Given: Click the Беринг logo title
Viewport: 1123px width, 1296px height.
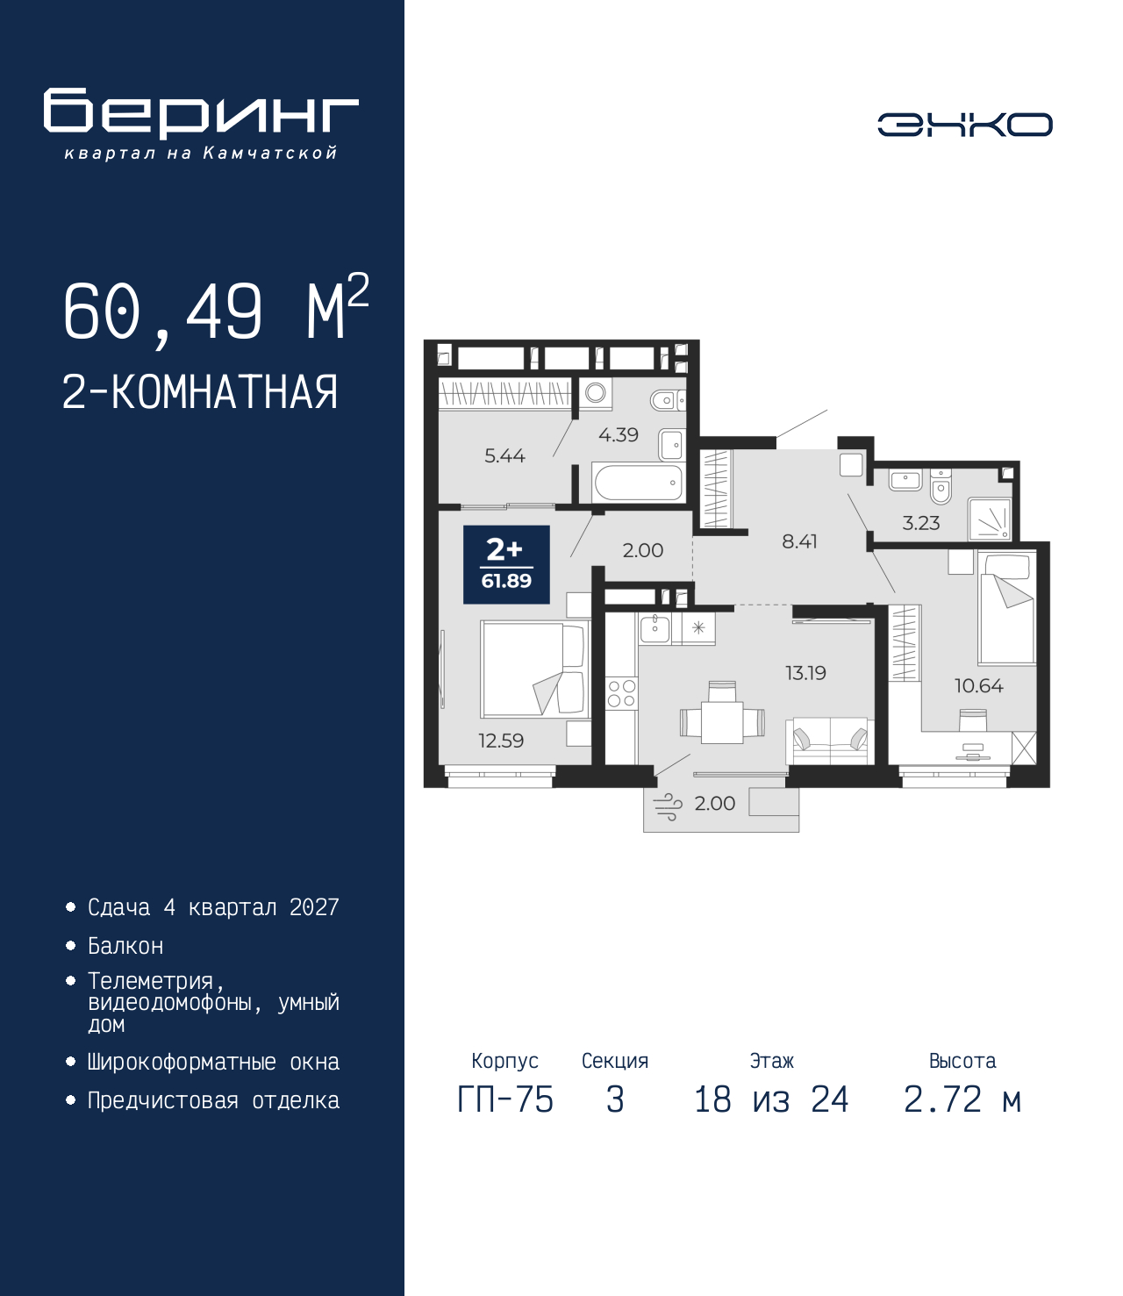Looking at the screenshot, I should (x=201, y=113).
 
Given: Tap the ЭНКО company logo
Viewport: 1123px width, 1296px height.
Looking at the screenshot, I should (x=964, y=125).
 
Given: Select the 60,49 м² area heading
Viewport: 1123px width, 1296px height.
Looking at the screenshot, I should (x=215, y=311).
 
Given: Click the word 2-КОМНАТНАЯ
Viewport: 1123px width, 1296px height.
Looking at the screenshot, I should (x=200, y=392).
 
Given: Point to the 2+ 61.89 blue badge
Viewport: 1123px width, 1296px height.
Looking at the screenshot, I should (x=506, y=565).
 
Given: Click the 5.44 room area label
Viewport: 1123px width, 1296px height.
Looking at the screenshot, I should (x=504, y=455).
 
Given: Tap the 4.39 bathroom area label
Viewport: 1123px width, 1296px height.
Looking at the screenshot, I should (x=619, y=434).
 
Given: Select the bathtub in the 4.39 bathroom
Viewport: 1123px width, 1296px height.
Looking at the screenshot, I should (x=638, y=482).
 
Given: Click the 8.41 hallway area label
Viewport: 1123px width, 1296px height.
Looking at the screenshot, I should (x=799, y=541).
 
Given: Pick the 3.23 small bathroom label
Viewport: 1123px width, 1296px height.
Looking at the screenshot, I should (x=920, y=523).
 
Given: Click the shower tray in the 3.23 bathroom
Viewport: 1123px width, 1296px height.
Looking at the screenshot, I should (x=990, y=519).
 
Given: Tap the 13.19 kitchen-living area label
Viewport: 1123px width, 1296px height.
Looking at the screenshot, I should (x=805, y=673).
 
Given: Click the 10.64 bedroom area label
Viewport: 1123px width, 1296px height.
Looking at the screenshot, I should (x=978, y=685).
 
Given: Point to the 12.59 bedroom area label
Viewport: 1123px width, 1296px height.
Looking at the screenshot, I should (x=501, y=741).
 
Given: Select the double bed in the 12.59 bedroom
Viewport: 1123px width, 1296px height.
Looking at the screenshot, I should (x=533, y=669).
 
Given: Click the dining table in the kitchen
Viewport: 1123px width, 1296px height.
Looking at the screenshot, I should (x=722, y=722).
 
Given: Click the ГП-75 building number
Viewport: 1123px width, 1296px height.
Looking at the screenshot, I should (x=505, y=1099).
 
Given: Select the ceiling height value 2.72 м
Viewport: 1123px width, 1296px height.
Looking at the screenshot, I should (x=962, y=1099).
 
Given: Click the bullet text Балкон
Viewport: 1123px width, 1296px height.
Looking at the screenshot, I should (x=125, y=946).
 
